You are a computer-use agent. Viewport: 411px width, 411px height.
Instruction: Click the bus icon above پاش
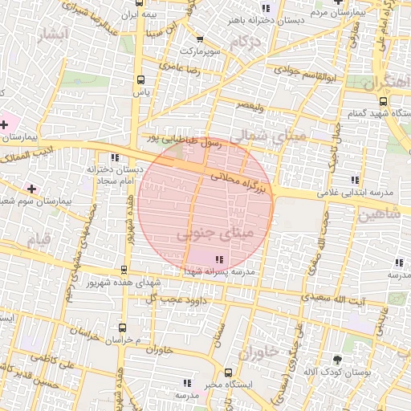(141, 79)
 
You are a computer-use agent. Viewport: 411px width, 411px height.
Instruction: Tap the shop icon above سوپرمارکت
(200, 39)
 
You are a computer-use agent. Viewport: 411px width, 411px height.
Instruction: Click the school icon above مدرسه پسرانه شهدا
(218, 258)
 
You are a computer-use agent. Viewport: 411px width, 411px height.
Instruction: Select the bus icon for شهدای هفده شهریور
(123, 270)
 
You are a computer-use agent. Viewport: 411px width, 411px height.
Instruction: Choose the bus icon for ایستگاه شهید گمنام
(383, 102)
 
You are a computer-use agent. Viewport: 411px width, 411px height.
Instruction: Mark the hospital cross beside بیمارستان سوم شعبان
(31, 189)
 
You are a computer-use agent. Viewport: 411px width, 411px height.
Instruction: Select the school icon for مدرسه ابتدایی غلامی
(354, 179)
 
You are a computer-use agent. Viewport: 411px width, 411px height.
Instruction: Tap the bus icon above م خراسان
(122, 327)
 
